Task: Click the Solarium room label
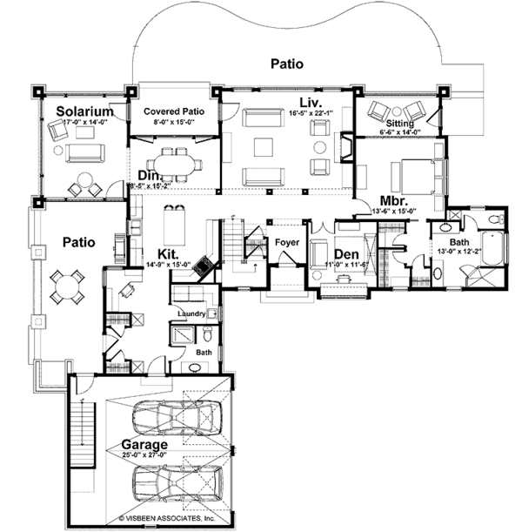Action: tap(85, 111)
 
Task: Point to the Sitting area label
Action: tap(403, 124)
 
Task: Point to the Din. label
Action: tap(145, 173)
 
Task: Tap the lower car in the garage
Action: tap(178, 483)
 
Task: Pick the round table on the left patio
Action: tap(67, 285)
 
